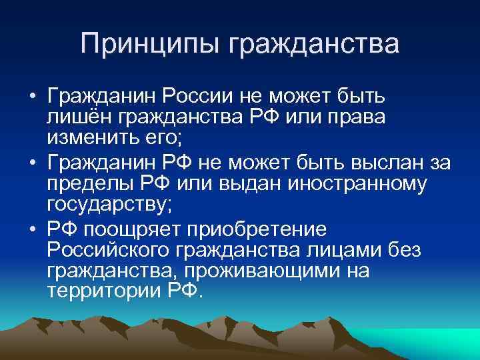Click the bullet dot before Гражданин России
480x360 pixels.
pyautogui.click(x=32, y=98)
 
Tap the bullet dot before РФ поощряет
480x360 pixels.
pyautogui.click(x=32, y=230)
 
